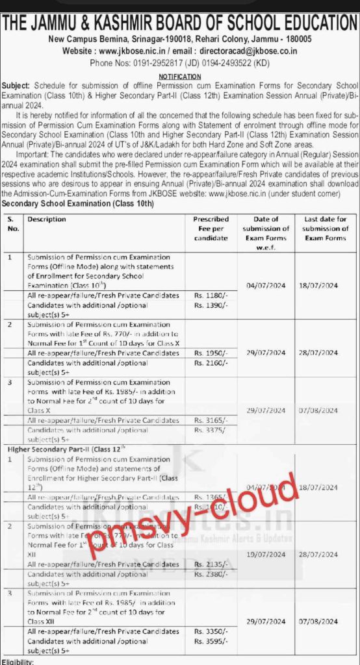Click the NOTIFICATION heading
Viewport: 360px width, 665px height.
180,76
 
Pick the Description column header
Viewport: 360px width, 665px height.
47,220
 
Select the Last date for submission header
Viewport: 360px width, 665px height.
326,229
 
